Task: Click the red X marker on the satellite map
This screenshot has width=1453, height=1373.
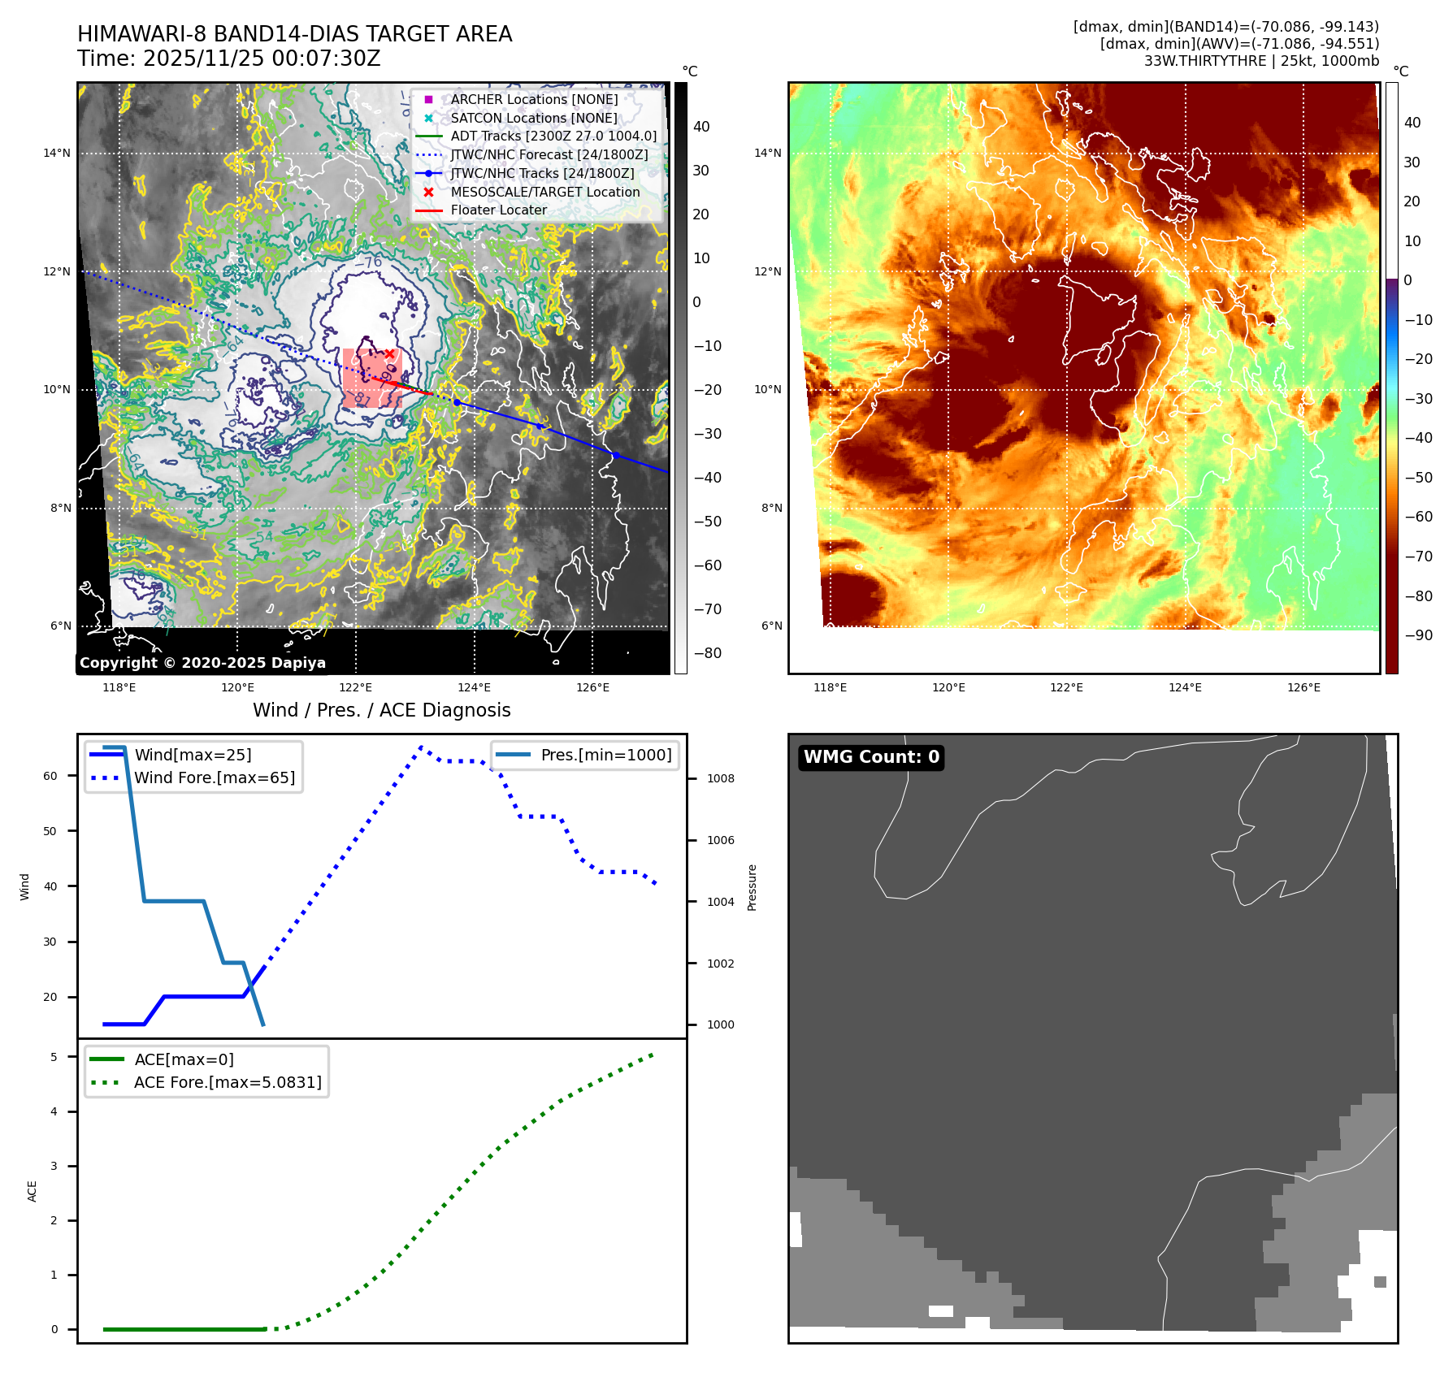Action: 389,353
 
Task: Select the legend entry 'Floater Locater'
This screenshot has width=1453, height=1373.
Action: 498,210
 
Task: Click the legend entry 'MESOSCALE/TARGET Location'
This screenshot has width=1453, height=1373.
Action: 544,192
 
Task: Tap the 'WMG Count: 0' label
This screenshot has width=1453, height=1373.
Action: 871,757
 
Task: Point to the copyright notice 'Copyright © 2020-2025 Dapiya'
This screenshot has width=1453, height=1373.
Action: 202,663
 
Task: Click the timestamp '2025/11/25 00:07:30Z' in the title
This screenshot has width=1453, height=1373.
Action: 262,59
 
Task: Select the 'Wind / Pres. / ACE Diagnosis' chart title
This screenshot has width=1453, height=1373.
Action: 381,710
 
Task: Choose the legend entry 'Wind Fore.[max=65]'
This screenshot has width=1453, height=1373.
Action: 215,777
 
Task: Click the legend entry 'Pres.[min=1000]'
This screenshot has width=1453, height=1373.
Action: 605,755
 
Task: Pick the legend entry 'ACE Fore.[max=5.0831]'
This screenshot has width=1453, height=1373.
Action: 228,1082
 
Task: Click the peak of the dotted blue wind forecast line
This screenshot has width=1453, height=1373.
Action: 421,747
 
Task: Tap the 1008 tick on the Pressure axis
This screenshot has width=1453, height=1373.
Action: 720,778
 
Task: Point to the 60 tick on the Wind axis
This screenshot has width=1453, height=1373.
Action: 50,776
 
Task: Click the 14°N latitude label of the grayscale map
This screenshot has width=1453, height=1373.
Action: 57,153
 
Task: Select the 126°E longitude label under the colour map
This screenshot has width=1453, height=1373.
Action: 1303,687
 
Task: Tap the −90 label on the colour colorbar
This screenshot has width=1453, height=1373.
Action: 1418,635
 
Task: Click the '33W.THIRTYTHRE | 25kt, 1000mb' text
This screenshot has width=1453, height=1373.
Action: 1261,61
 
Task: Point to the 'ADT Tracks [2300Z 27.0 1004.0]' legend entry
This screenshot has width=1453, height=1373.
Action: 553,136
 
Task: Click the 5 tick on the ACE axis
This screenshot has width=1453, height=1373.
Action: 54,1057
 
